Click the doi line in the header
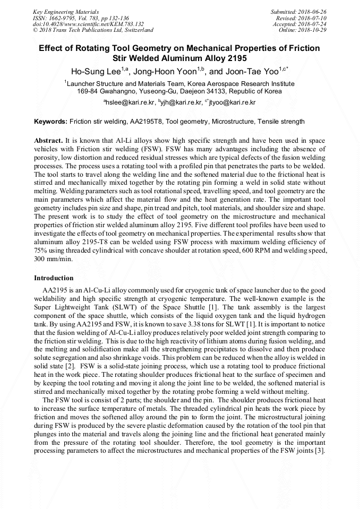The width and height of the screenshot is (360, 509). click(88, 24)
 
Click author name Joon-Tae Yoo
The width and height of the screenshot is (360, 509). click(247, 71)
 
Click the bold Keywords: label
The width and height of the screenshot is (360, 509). click(50, 122)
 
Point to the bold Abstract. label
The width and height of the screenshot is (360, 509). click(48, 141)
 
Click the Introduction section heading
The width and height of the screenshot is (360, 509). click(54, 278)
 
